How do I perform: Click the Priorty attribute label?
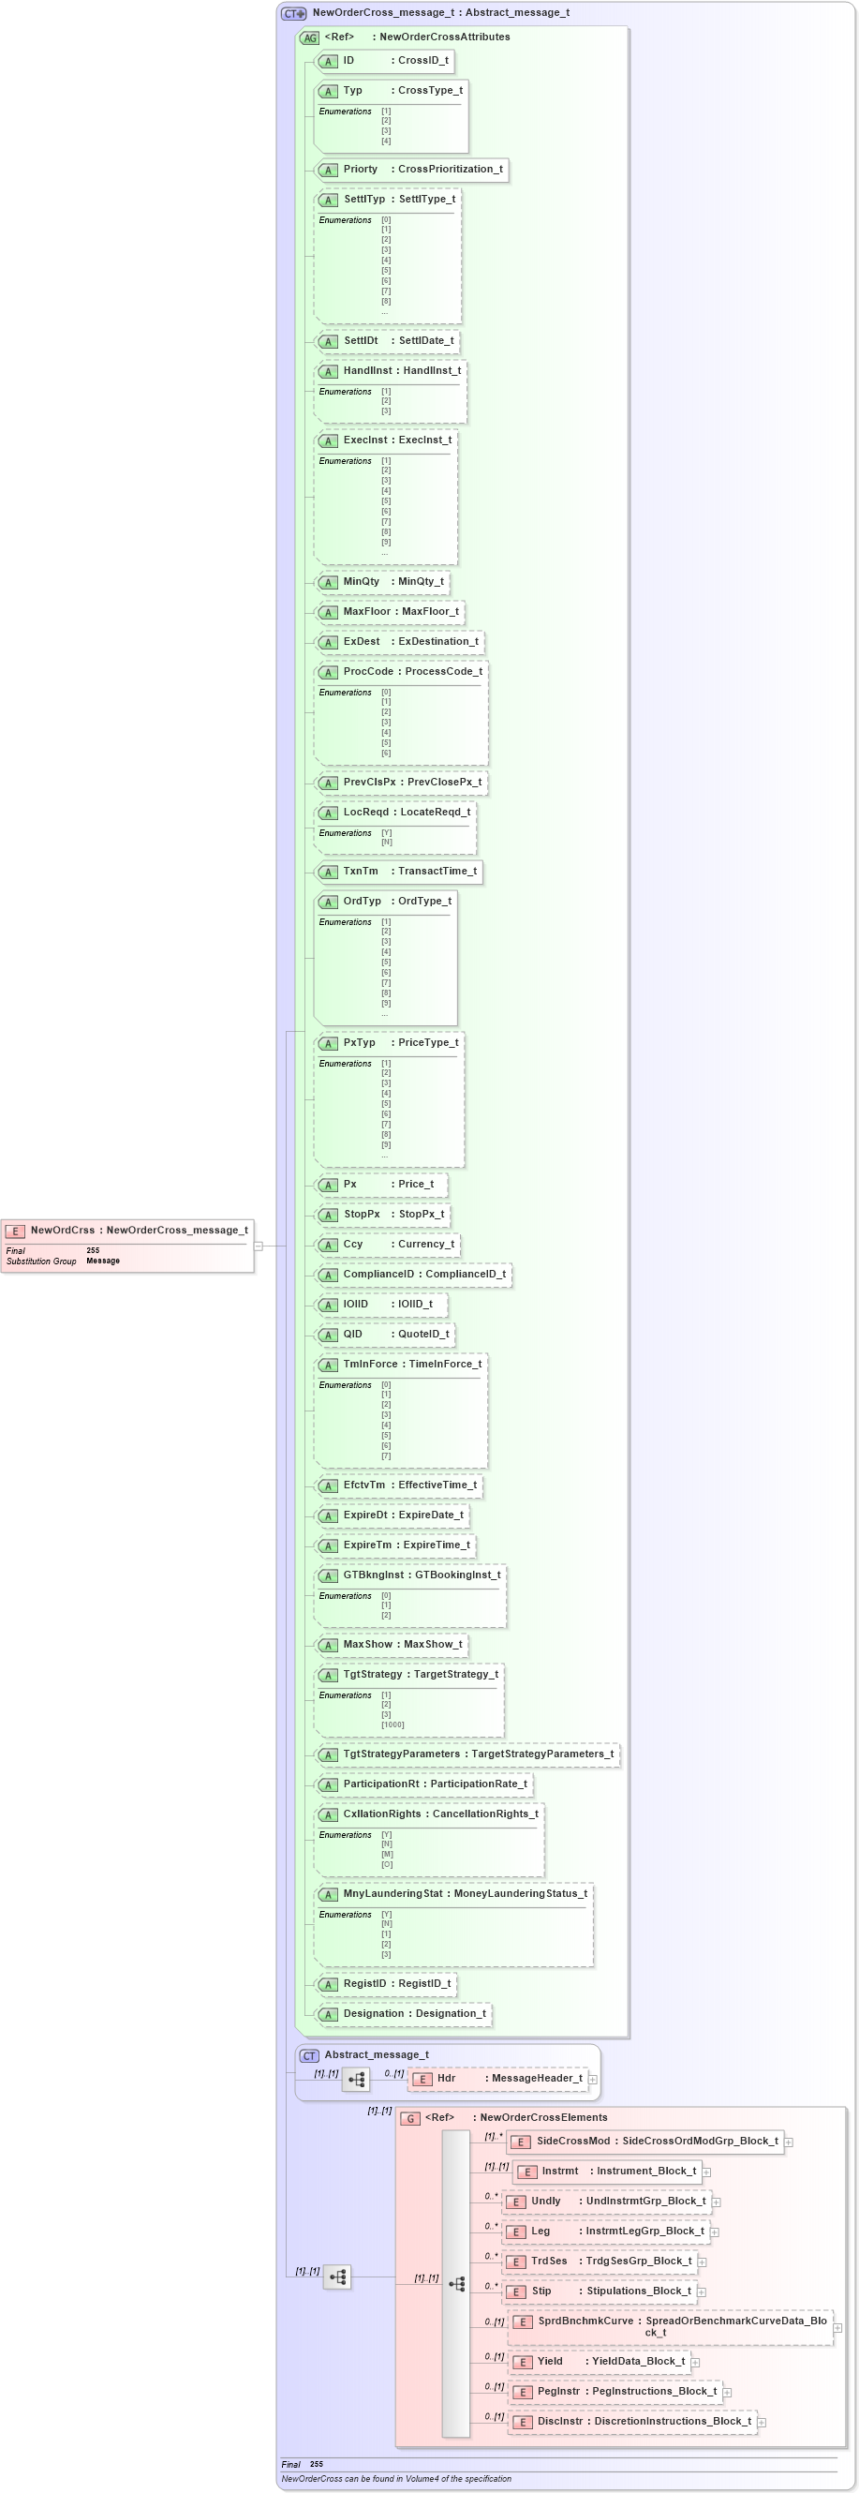(360, 170)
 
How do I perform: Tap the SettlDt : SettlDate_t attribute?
(387, 340)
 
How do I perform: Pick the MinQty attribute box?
(383, 582)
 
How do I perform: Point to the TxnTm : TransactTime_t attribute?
(399, 871)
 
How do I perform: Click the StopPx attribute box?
(383, 1214)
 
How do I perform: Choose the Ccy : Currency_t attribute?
(388, 1244)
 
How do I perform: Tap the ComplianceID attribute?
(414, 1274)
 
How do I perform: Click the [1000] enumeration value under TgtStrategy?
(392, 1724)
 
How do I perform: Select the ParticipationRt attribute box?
(424, 1784)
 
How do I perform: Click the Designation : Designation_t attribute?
(405, 2013)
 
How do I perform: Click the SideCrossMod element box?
(645, 2141)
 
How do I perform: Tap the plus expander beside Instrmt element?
(706, 2172)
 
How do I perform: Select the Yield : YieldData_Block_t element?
(600, 2362)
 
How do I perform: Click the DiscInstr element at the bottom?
(632, 2422)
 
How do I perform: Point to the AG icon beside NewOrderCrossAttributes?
(309, 37)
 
